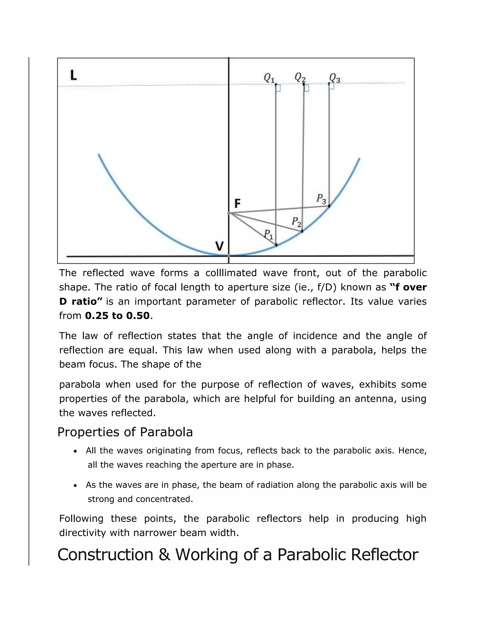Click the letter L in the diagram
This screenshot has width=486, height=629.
click(x=74, y=75)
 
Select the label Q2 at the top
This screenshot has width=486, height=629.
click(x=300, y=77)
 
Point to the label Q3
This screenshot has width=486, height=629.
click(x=335, y=78)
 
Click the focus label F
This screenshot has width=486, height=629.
click(x=237, y=204)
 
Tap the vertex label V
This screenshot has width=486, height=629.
click(x=220, y=246)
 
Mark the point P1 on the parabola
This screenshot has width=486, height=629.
click(x=276, y=245)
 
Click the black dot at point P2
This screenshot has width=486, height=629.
click(x=302, y=231)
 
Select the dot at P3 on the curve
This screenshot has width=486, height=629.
click(x=329, y=206)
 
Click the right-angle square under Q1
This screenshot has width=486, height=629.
click(x=278, y=88)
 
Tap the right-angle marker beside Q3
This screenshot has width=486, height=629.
click(x=332, y=86)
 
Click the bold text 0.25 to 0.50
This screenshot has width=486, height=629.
click(x=117, y=316)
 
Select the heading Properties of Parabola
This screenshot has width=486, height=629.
click(x=125, y=432)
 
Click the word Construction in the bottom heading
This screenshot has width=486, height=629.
click(x=105, y=555)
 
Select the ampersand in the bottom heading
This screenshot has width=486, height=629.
click(x=164, y=555)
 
